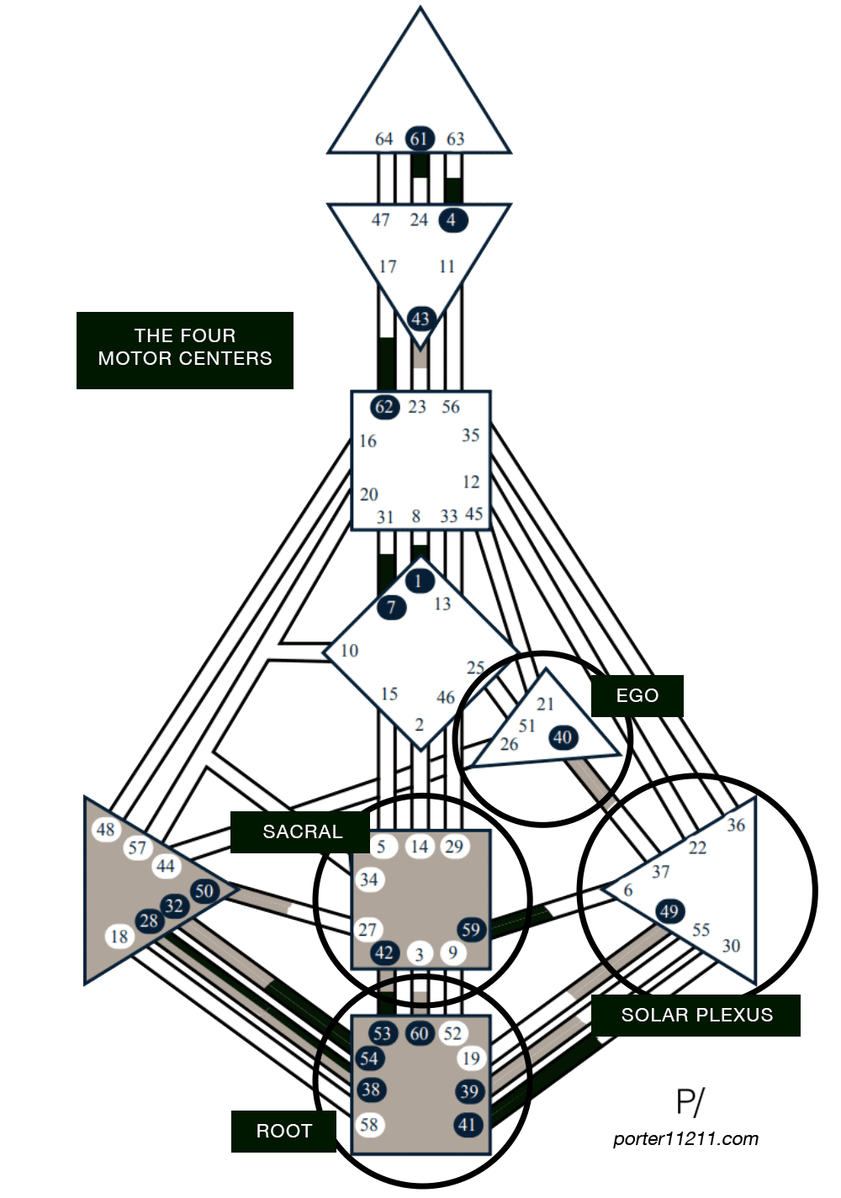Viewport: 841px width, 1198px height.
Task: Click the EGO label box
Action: coord(637,696)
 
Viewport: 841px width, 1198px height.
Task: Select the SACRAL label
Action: coord(302,832)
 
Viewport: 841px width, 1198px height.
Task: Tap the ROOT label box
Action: coord(283,1132)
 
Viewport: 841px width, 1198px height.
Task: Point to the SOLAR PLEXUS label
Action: coord(696,1015)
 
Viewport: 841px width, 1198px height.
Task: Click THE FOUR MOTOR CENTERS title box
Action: coord(185,348)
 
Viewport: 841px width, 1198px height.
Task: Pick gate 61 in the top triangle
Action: coord(419,139)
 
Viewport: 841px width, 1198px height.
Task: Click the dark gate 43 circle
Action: coord(420,319)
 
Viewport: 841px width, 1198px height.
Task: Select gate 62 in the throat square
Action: coord(384,408)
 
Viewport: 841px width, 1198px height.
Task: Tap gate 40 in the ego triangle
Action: coord(563,737)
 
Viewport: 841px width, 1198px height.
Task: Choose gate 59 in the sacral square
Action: coord(471,929)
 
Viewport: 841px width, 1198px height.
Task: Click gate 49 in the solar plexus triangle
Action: coord(669,911)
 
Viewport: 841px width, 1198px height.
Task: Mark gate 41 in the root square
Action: coord(467,1124)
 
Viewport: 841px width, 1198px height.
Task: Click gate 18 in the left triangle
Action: coord(120,936)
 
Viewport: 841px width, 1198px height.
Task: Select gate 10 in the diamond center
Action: coord(349,651)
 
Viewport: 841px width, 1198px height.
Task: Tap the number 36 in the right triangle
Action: coord(736,825)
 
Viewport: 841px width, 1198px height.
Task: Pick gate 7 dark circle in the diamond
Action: coord(391,606)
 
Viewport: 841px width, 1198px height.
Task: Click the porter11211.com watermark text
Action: coord(685,1139)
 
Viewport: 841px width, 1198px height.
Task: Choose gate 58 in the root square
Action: coord(369,1124)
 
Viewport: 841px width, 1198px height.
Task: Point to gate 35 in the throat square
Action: coord(470,435)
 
